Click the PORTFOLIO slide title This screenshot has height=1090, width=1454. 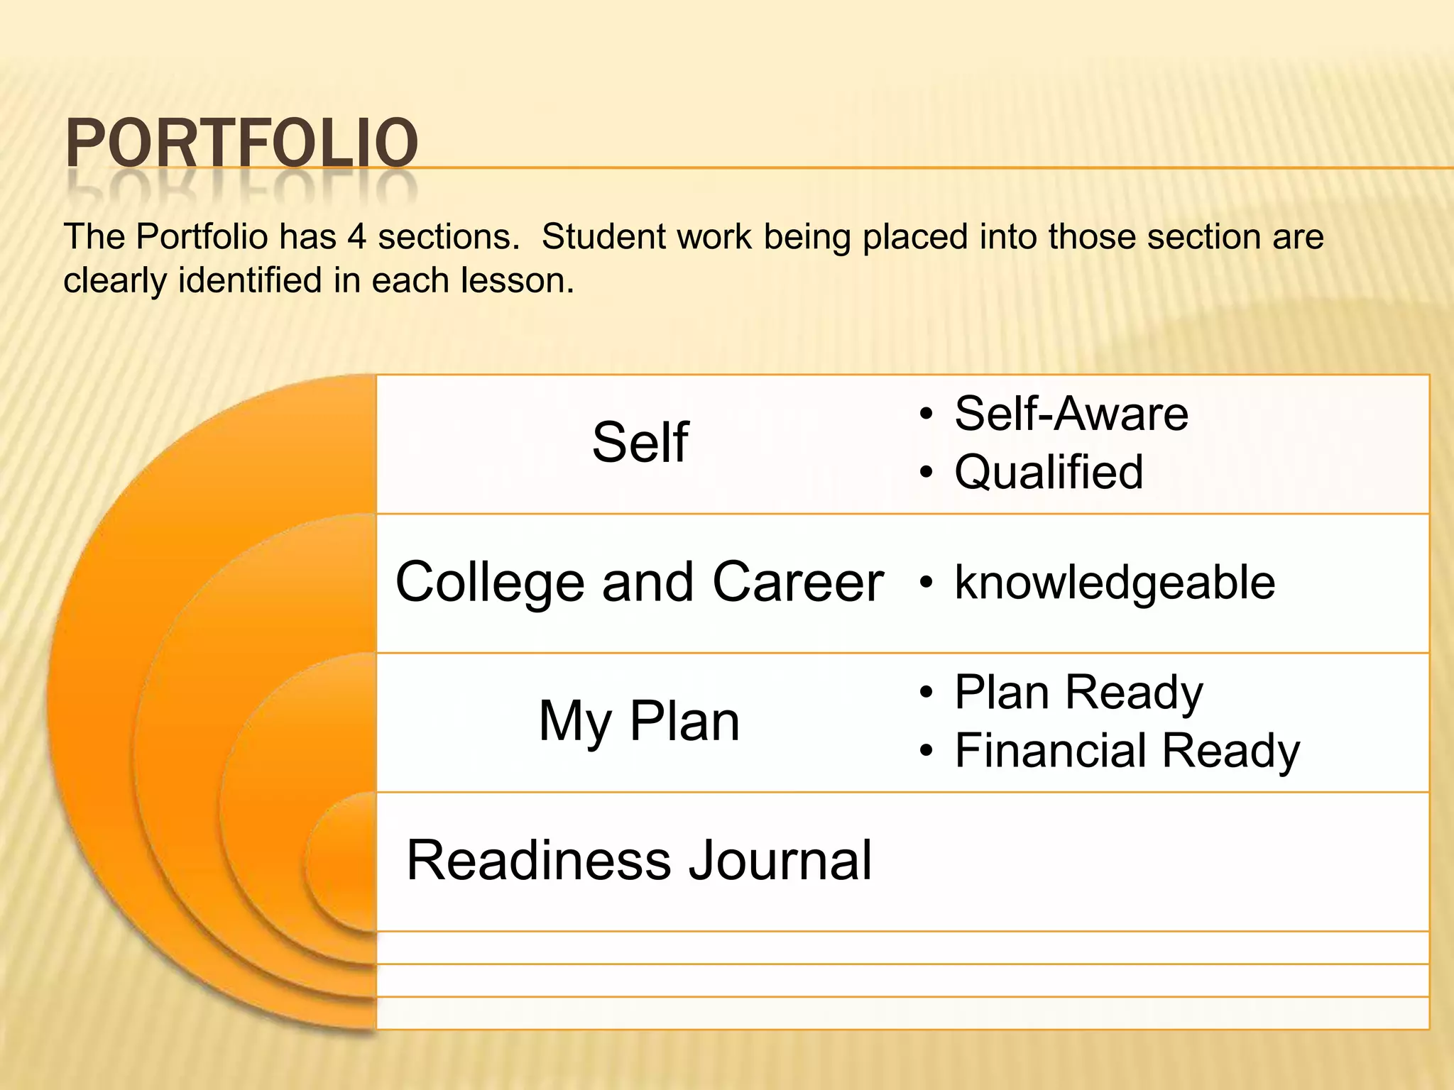(x=241, y=144)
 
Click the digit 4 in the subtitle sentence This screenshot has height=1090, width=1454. (x=356, y=237)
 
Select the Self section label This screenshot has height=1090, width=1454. (x=640, y=443)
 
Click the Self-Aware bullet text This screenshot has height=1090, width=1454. (x=1071, y=414)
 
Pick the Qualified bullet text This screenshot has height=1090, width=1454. (x=1049, y=472)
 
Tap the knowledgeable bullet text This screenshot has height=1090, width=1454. (x=1115, y=583)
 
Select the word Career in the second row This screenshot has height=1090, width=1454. (x=797, y=583)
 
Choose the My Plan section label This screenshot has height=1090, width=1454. (x=639, y=722)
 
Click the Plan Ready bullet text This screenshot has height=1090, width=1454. (x=1078, y=693)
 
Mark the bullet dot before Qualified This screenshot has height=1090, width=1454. (x=925, y=473)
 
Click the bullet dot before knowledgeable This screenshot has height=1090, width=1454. (x=925, y=583)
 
